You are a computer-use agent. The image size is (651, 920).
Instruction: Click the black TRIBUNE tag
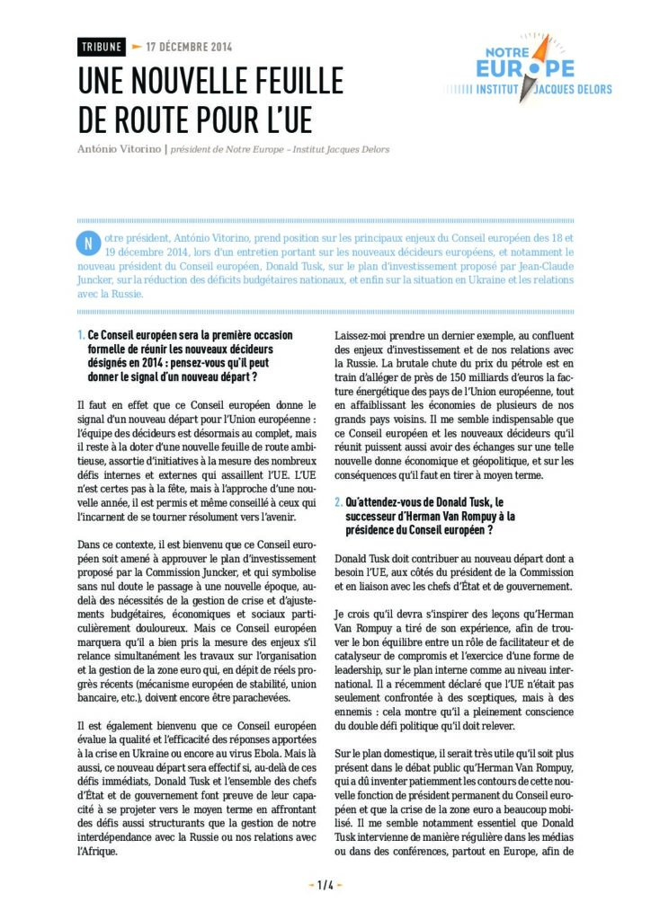(101, 47)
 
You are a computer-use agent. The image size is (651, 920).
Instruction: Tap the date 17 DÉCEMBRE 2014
(188, 47)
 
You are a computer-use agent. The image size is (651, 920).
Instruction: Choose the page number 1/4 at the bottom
(325, 885)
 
